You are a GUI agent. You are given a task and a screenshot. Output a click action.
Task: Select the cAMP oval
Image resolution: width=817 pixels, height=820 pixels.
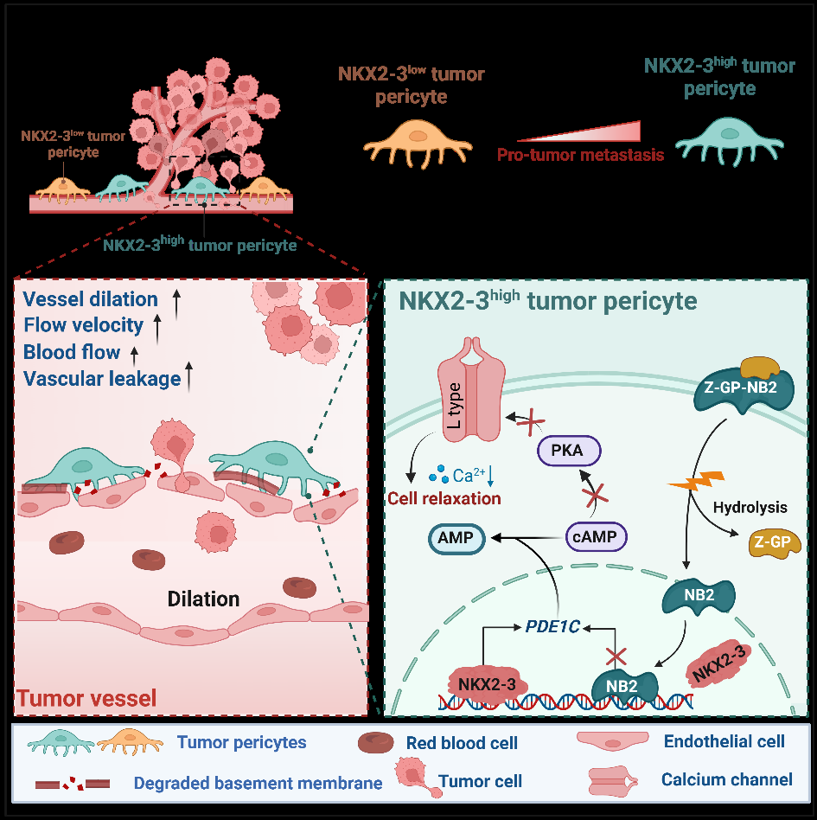click(x=596, y=537)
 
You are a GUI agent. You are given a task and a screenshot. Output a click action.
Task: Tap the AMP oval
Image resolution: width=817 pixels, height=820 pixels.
click(x=456, y=538)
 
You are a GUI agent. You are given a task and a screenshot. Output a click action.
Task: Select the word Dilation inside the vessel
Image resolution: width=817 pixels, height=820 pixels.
click(x=203, y=598)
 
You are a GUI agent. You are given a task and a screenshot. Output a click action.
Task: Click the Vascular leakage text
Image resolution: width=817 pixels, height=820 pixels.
click(x=103, y=378)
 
